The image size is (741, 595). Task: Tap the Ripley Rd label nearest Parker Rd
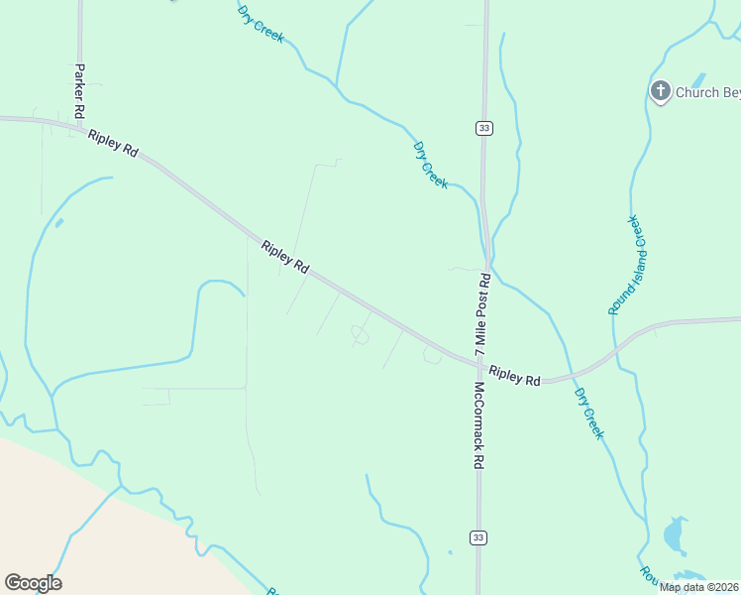[113, 141]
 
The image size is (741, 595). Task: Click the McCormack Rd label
[478, 425]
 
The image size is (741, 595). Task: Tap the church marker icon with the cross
[661, 92]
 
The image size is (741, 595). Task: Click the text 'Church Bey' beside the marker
[707, 93]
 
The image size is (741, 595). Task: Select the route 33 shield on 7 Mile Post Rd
[483, 128]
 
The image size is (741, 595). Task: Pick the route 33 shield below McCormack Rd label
[478, 537]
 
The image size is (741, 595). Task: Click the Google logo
[33, 583]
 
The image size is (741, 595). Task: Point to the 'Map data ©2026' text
[698, 587]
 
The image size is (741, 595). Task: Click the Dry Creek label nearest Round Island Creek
[588, 413]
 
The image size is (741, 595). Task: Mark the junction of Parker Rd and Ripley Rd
[79, 125]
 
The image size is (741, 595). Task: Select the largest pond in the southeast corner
[675, 535]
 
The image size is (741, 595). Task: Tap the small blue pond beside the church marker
[698, 80]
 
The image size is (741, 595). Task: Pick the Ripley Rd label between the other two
[286, 257]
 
